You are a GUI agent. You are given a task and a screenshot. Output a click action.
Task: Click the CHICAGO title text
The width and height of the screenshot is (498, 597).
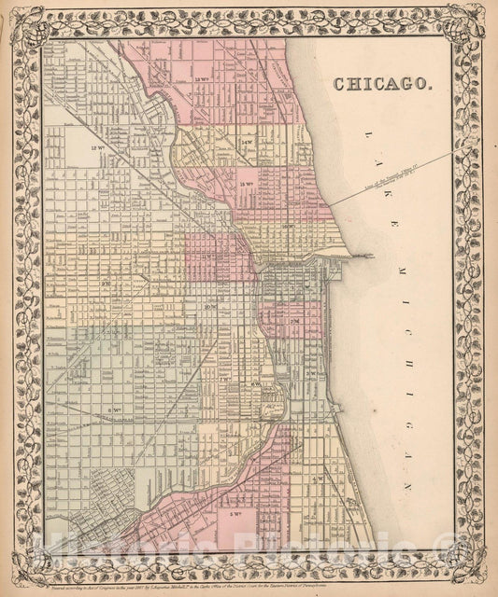click(x=382, y=82)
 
